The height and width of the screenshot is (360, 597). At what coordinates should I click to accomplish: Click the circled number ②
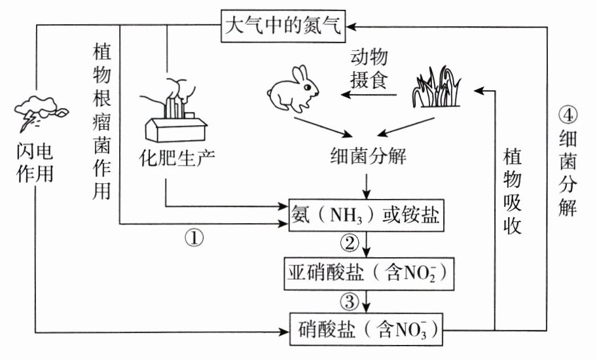tap(350, 243)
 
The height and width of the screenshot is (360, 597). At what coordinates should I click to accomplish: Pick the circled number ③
tap(350, 300)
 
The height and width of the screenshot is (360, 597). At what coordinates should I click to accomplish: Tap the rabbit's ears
tap(302, 73)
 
